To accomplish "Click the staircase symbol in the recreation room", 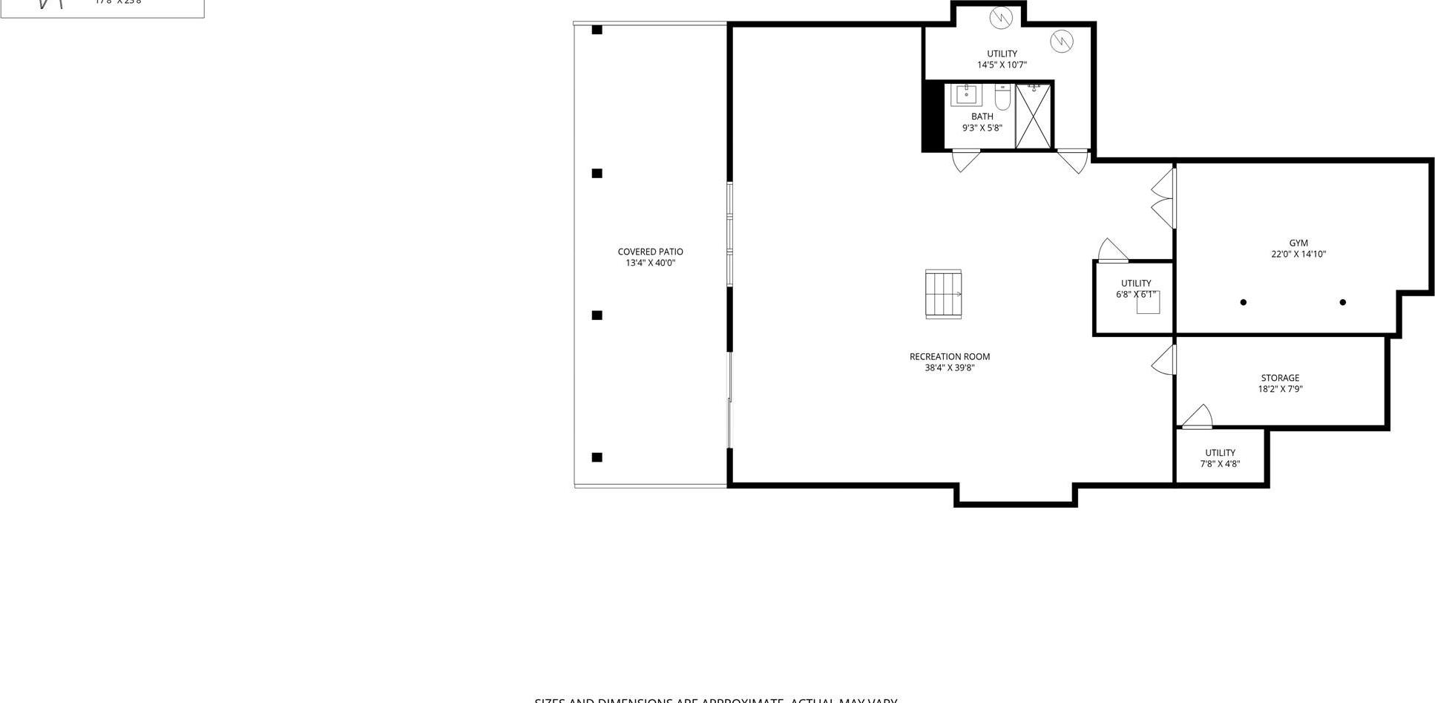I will (x=943, y=295).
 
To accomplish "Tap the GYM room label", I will (x=1298, y=243).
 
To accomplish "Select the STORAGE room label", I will (x=1280, y=378).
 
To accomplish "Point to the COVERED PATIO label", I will (x=650, y=252).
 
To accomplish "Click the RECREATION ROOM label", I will (x=949, y=356).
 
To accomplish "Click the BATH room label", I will (x=982, y=117).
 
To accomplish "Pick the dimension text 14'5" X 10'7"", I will (x=1002, y=65).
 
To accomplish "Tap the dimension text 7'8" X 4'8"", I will (x=1220, y=464).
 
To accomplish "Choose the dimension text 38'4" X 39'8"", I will (x=949, y=367).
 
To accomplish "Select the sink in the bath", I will (x=966, y=95).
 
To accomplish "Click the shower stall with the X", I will (x=1033, y=117).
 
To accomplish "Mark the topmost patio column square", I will (x=597, y=30).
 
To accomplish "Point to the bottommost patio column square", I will (x=597, y=457).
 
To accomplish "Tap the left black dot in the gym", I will (x=1244, y=302).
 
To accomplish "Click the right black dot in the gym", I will (x=1342, y=302).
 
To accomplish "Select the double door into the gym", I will (x=1163, y=198).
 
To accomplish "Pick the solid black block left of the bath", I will (x=932, y=117).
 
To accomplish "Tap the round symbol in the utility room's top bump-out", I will (x=1001, y=16).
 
